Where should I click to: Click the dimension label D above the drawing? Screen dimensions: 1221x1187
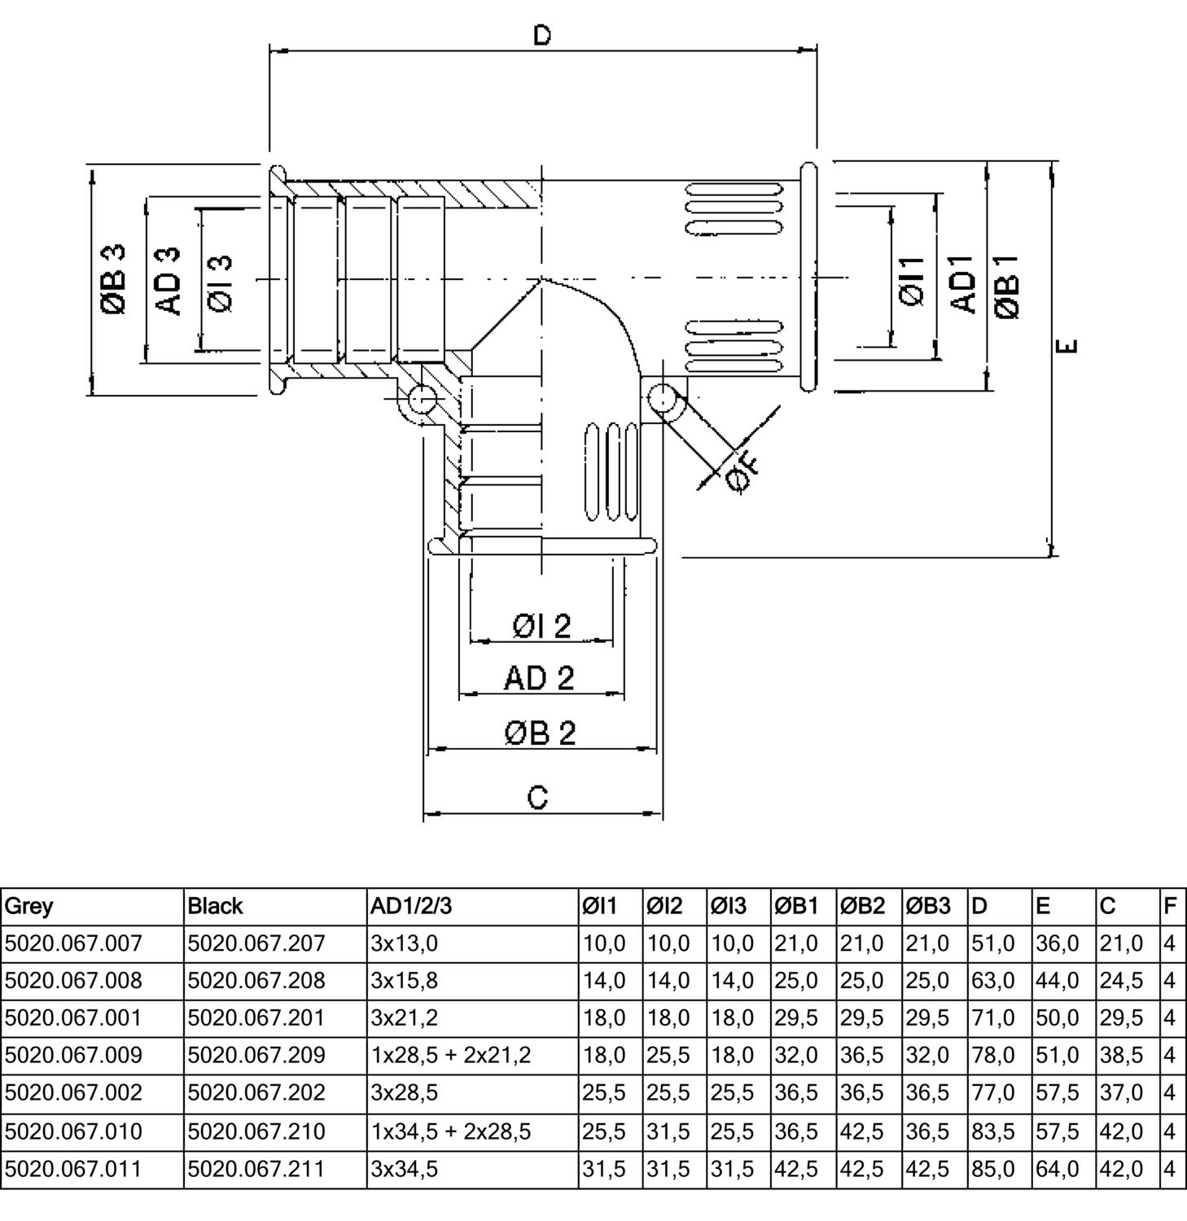click(x=542, y=35)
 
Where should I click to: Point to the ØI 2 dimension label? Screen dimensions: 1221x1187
click(x=541, y=626)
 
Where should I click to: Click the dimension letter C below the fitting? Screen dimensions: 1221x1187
click(x=538, y=797)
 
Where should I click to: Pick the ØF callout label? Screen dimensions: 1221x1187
click(x=743, y=473)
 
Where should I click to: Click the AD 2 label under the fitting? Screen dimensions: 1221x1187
click(x=539, y=678)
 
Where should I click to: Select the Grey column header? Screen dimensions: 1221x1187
click(x=29, y=906)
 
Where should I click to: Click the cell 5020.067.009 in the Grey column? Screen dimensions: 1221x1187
click(x=73, y=1056)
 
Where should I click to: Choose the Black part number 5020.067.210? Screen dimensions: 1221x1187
click(x=256, y=1131)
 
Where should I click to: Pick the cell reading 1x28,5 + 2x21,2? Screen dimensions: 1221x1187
click(x=450, y=1056)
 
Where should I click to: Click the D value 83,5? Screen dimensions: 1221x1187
click(x=993, y=1131)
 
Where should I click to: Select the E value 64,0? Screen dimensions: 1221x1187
click(x=1058, y=1168)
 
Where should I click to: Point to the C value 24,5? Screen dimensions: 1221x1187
click(x=1122, y=981)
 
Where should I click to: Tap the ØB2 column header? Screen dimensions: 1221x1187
click(x=862, y=906)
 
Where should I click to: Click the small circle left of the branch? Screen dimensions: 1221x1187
click(x=422, y=399)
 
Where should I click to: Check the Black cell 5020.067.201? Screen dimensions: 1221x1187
click(x=256, y=1018)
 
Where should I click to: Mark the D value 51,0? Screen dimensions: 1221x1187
click(x=993, y=943)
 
